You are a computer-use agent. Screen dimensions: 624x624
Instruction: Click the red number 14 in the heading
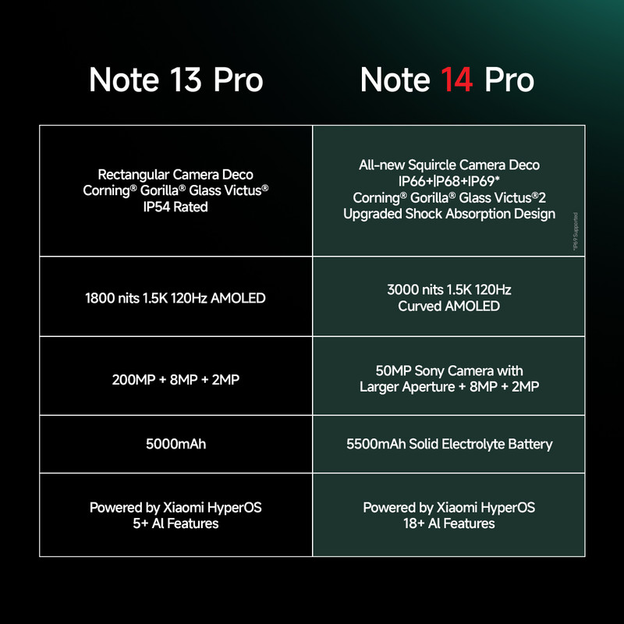tap(456, 80)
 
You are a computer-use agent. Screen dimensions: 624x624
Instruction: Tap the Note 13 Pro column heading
tap(176, 80)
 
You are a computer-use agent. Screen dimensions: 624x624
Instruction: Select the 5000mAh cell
tap(176, 444)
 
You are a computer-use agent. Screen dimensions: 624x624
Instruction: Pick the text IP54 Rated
tap(175, 207)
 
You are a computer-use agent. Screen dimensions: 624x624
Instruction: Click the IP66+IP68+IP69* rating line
tap(449, 181)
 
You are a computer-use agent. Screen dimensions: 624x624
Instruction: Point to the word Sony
tap(430, 371)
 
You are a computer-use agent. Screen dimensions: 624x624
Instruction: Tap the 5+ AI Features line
tap(175, 523)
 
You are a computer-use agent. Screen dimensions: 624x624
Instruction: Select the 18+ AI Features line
tap(449, 523)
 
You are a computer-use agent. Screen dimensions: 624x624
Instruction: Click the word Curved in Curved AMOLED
tap(420, 306)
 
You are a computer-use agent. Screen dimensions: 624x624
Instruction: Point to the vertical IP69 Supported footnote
tap(575, 232)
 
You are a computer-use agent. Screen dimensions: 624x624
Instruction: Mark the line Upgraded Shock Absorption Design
tap(449, 214)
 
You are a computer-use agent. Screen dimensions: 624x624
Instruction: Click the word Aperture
tap(428, 387)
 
